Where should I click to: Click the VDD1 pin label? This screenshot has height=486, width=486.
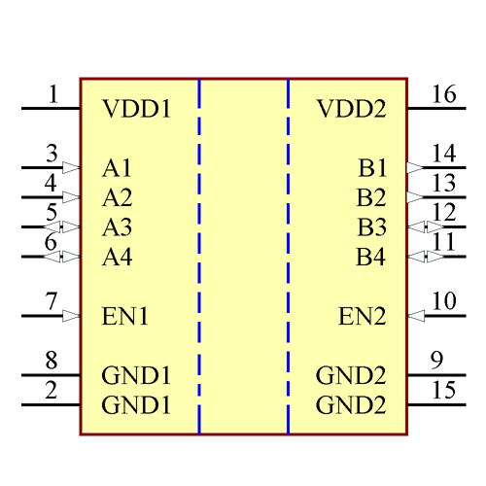[136, 109]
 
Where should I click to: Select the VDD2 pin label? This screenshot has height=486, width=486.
[351, 109]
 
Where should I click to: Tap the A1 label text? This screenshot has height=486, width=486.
[117, 168]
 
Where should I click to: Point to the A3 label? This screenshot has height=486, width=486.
[117, 227]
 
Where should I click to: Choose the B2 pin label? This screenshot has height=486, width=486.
[371, 198]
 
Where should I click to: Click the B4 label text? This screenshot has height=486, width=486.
[371, 258]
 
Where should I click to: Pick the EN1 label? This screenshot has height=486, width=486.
[125, 316]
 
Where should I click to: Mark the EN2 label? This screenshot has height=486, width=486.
[362, 316]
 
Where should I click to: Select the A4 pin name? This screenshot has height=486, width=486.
[117, 258]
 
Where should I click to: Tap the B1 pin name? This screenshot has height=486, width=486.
[371, 168]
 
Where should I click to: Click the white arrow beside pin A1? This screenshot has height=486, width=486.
[71, 167]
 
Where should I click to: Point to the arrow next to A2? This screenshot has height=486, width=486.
[71, 197]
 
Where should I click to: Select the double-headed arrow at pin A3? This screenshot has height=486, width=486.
[61, 227]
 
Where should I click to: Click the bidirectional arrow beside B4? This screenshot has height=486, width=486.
[426, 257]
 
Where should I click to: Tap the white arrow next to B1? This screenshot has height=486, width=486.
[415, 167]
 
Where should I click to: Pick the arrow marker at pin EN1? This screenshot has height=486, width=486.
[71, 316]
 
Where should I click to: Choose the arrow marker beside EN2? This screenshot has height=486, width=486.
[415, 316]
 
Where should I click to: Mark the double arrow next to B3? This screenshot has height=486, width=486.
[426, 227]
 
